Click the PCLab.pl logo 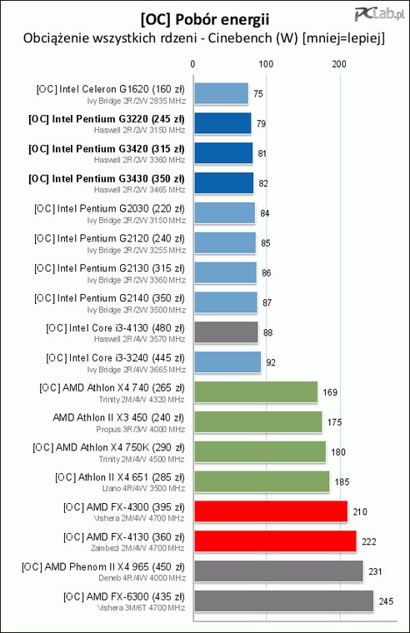coord(379,14)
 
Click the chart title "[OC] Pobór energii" coord(205,19)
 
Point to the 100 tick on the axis coord(266,64)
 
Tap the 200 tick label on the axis coord(339,64)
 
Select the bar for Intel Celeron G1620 coord(222,93)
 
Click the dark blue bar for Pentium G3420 coord(223,153)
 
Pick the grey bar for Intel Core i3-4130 coord(226,332)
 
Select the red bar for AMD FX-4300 coord(271,512)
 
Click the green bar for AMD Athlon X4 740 coord(256,392)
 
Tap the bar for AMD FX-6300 coord(284,601)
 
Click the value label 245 coord(386,601)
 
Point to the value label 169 coord(330,392)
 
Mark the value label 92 coord(271,362)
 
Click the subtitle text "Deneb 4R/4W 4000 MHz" coord(142,578)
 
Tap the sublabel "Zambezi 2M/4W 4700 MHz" coord(137,548)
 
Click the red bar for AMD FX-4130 coord(276,541)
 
